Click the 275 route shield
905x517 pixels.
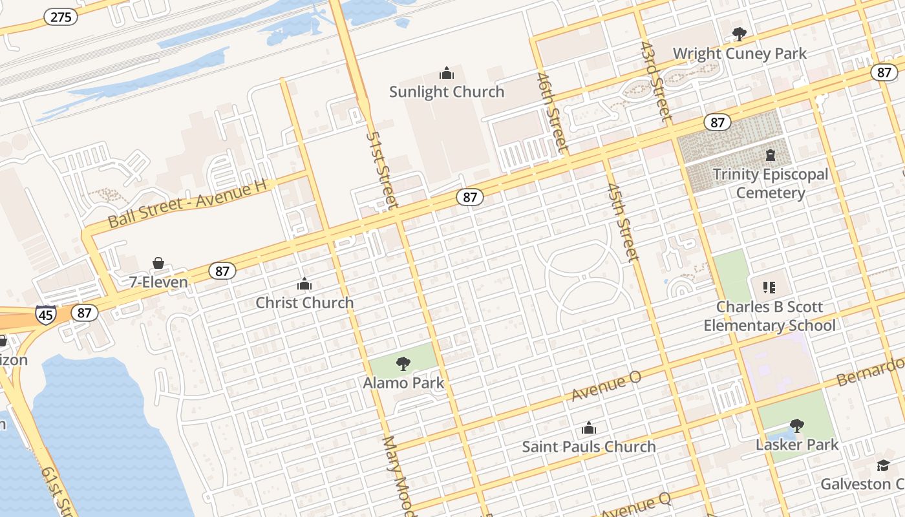61,17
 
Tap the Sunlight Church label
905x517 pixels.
447,92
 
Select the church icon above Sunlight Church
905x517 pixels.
447,73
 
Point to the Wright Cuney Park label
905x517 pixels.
740,54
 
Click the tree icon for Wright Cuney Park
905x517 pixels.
739,34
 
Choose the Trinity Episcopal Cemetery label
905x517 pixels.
771,184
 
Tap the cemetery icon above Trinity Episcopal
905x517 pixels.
771,155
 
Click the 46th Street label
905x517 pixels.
552,113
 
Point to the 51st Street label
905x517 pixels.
381,171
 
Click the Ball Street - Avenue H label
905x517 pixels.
187,203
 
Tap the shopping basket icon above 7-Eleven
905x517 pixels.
158,263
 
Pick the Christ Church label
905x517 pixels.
304,302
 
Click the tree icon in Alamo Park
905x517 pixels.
403,364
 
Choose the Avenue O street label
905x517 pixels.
606,386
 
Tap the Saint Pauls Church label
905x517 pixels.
588,447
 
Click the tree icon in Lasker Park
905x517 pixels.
797,425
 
